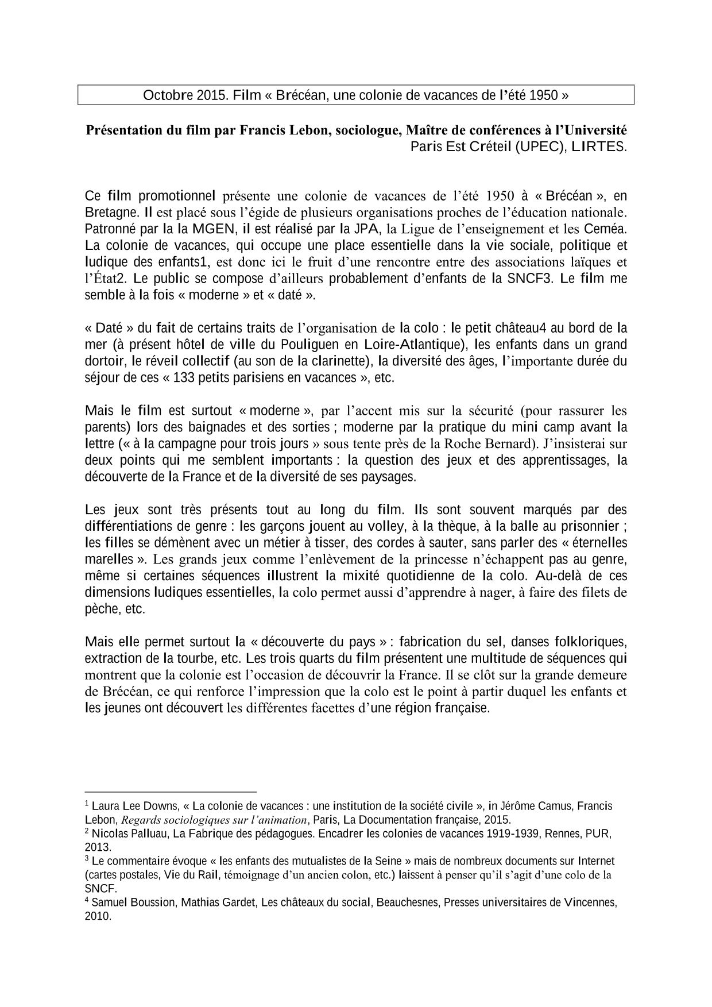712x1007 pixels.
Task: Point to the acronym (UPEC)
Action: pos(539,146)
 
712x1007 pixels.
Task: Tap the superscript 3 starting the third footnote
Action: pos(87,859)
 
